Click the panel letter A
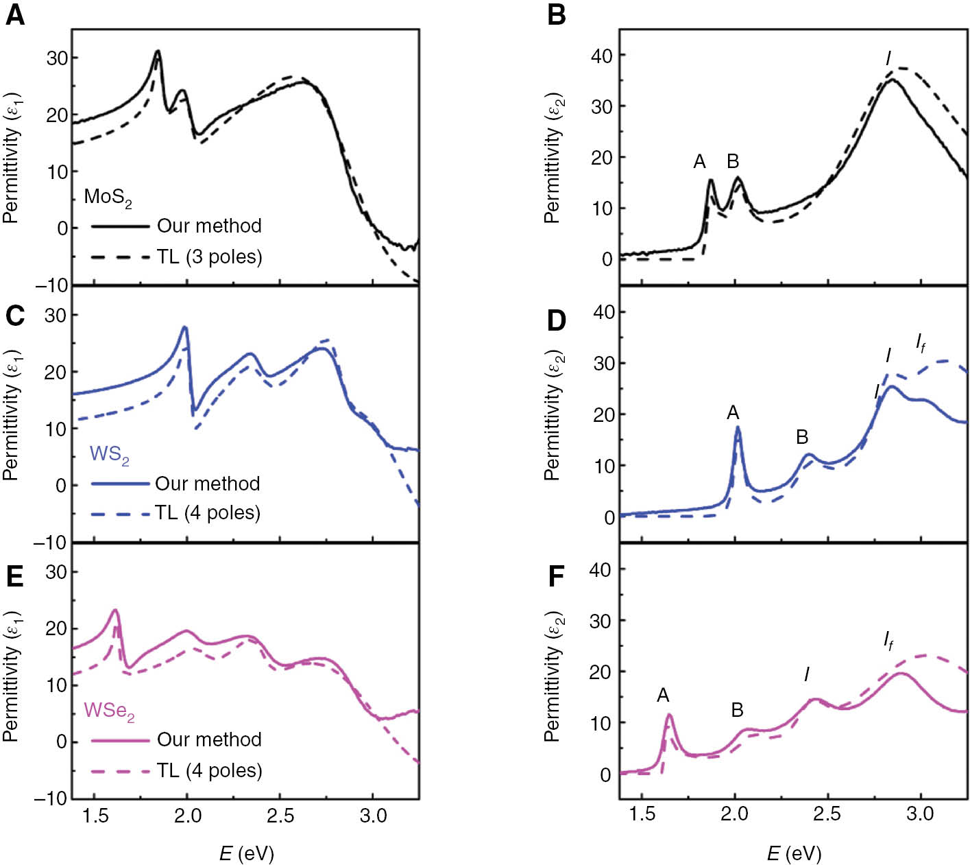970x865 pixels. [14, 14]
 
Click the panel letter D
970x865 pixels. [557, 320]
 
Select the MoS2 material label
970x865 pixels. [108, 198]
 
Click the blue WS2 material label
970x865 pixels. [109, 455]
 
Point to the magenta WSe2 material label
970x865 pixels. [109, 711]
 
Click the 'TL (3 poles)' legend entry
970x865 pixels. [209, 257]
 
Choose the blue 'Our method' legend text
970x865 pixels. [207, 484]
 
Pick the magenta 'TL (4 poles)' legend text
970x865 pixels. [209, 770]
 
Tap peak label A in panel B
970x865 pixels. [699, 161]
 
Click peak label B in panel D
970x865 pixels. [802, 437]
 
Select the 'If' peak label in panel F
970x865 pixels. [888, 642]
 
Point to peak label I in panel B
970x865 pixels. [888, 59]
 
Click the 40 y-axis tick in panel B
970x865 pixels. [601, 55]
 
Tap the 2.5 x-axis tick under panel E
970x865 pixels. [280, 816]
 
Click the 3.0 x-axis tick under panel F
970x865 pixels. [919, 814]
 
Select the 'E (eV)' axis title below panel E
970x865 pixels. [246, 853]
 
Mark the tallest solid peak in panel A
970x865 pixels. [158, 51]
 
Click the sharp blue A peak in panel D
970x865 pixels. [738, 427]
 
